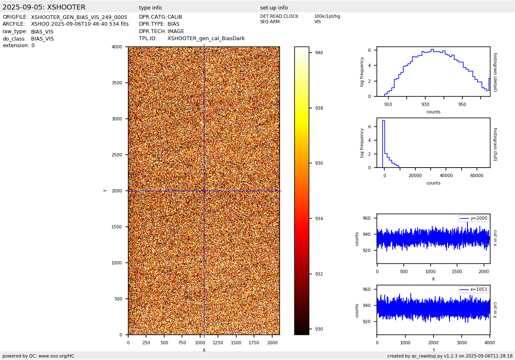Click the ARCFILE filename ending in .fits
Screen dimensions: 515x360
coord(80,24)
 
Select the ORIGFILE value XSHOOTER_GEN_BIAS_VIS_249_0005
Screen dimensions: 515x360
coord(79,17)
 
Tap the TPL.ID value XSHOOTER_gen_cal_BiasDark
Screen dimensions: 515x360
coord(206,38)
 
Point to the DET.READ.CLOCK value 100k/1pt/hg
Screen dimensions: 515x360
coord(327,16)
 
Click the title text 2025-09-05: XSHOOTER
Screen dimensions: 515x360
coord(44,7)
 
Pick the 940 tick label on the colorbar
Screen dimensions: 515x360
coord(319,53)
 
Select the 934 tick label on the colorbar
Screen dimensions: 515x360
coord(319,218)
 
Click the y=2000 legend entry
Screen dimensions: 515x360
coord(473,218)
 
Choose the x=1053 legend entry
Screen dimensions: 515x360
coord(473,289)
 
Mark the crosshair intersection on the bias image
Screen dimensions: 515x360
coord(204,191)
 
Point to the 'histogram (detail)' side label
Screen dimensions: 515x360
coord(495,72)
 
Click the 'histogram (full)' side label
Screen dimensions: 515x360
coord(495,144)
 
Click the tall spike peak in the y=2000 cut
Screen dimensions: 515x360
coord(467,222)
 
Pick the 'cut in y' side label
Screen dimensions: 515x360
coord(495,310)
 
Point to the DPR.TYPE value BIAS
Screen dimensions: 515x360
coord(173,24)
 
